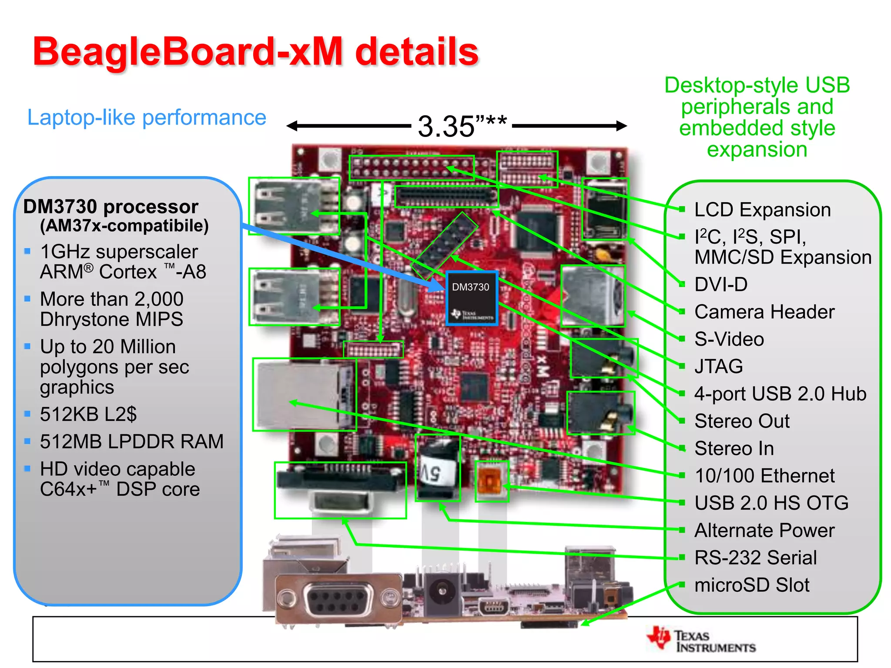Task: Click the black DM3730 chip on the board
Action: [x=472, y=298]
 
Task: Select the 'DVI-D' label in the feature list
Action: [x=721, y=284]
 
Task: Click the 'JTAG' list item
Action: [x=719, y=366]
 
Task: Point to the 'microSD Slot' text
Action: [x=752, y=585]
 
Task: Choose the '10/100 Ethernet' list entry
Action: [x=764, y=476]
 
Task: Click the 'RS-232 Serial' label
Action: [x=756, y=558]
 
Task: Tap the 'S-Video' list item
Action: [x=729, y=339]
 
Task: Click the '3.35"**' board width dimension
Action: [x=462, y=126]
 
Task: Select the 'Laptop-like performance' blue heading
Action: [x=147, y=117]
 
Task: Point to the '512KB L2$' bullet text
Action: [x=88, y=414]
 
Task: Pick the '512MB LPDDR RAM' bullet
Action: [x=131, y=441]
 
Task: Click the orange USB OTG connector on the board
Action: [x=492, y=481]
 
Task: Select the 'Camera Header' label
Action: [x=764, y=312]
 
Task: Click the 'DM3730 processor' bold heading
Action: [x=111, y=207]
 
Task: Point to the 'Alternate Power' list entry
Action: [x=764, y=531]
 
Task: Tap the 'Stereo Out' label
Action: [x=742, y=421]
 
